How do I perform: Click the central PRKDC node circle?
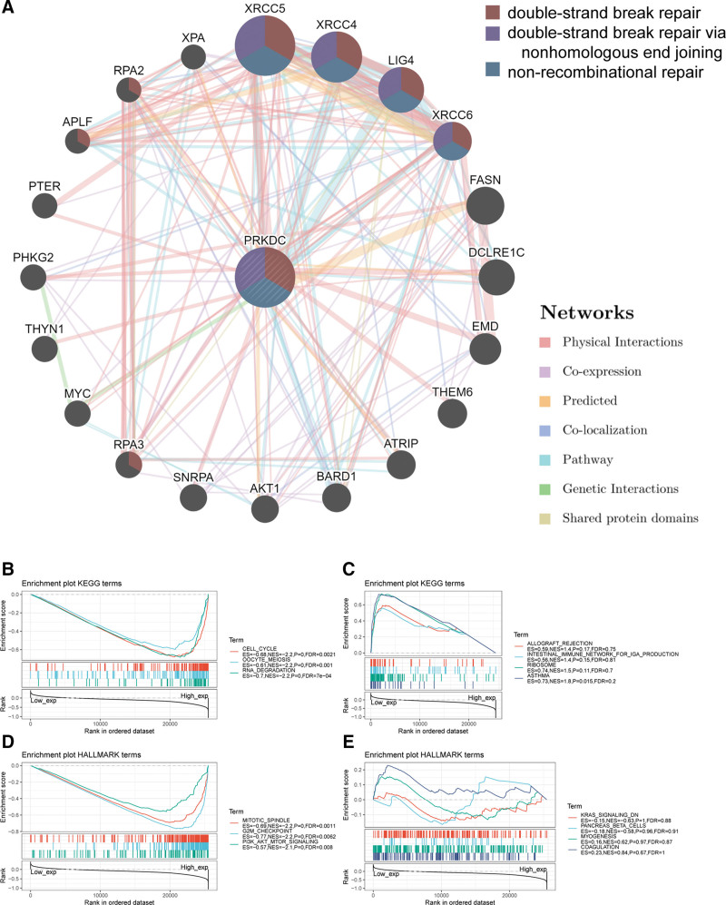[x=264, y=277]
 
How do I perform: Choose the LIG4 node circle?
[x=400, y=89]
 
